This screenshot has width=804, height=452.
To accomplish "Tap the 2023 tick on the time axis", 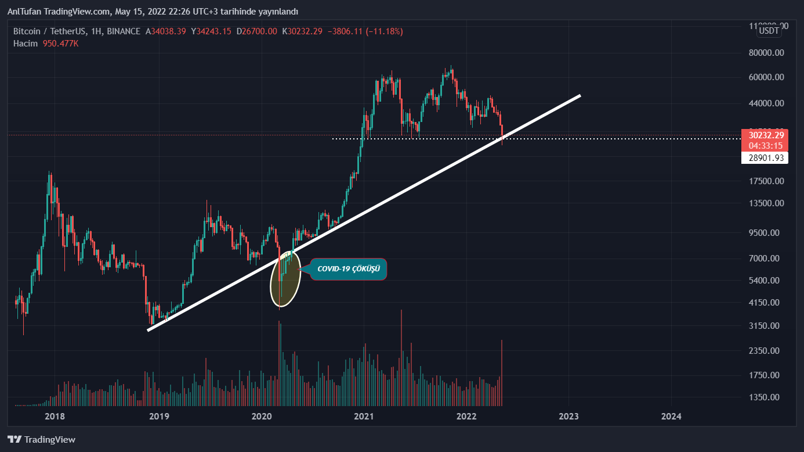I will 568,416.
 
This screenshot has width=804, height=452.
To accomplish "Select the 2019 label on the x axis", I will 158,416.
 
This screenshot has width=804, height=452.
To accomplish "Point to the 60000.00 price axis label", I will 767,77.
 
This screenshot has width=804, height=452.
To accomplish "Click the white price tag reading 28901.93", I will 764,158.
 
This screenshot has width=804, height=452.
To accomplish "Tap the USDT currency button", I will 770,31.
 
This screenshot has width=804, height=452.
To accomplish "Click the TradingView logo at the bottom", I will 41,440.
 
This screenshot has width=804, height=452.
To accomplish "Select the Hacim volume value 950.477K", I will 60,44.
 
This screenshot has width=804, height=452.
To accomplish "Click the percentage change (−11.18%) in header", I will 381,31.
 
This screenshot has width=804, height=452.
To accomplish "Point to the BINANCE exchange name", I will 124,31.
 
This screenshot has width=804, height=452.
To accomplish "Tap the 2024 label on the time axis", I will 671,416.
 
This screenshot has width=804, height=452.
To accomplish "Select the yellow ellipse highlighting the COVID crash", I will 285,278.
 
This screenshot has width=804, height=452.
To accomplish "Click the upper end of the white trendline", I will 578,95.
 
